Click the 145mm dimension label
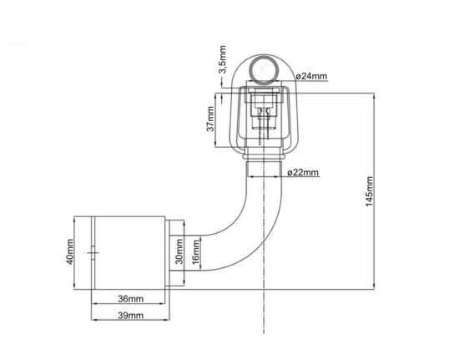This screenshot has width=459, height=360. [x=370, y=191]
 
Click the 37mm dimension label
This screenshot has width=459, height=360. [x=210, y=119]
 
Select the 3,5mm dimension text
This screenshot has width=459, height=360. [x=223, y=59]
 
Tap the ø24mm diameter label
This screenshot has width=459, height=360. [x=311, y=77]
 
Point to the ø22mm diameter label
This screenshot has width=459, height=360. [x=303, y=172]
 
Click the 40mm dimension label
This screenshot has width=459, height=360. [x=70, y=252]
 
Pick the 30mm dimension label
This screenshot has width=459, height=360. [x=179, y=251]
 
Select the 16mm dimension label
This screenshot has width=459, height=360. [x=196, y=252]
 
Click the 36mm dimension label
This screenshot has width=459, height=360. [x=131, y=299]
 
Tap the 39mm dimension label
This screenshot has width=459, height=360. [x=131, y=316]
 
